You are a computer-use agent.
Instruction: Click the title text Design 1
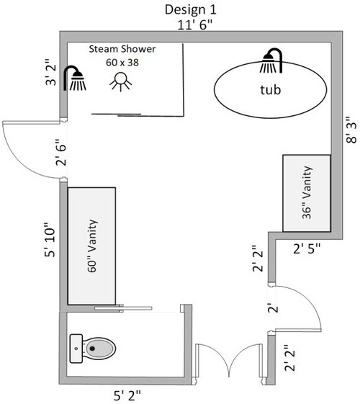click(191, 10)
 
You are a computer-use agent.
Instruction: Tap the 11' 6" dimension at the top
click(195, 25)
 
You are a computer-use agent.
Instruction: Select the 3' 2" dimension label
click(50, 72)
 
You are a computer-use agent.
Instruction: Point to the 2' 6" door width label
click(61, 152)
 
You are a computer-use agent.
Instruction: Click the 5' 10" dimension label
click(50, 240)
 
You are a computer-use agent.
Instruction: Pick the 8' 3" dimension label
click(351, 130)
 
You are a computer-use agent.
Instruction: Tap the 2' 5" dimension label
click(307, 248)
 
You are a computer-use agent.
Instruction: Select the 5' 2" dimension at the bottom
click(127, 395)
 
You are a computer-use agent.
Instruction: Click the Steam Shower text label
click(122, 49)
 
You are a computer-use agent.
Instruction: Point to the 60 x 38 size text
click(122, 63)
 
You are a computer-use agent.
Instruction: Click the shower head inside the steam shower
click(75, 78)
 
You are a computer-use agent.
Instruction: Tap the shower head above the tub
click(271, 60)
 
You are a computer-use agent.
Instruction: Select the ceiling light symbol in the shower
click(120, 82)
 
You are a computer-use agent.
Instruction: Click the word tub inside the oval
click(271, 90)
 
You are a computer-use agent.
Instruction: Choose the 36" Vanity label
click(307, 192)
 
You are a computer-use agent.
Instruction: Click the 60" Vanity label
click(92, 246)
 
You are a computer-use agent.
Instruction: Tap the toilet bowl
click(99, 349)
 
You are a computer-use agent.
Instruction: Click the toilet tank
click(76, 349)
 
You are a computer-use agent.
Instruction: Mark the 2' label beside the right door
click(273, 308)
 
